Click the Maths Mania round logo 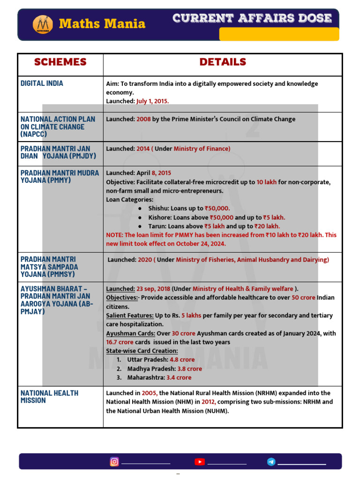tap(43, 24)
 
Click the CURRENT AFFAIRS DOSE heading tap(252, 18)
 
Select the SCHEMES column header tap(60, 62)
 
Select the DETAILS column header tap(223, 62)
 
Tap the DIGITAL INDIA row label tap(42, 83)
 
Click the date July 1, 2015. tap(152, 101)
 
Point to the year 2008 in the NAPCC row tap(143, 119)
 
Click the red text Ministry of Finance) tap(202, 149)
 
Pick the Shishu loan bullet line tap(189, 209)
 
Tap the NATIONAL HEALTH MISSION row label tap(49, 397)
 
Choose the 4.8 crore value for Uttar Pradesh tap(182, 360)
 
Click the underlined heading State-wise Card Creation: tap(142, 351)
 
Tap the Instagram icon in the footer tap(114, 462)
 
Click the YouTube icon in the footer tap(200, 462)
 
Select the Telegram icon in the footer tap(271, 462)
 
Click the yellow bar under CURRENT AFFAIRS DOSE tap(279, 34)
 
